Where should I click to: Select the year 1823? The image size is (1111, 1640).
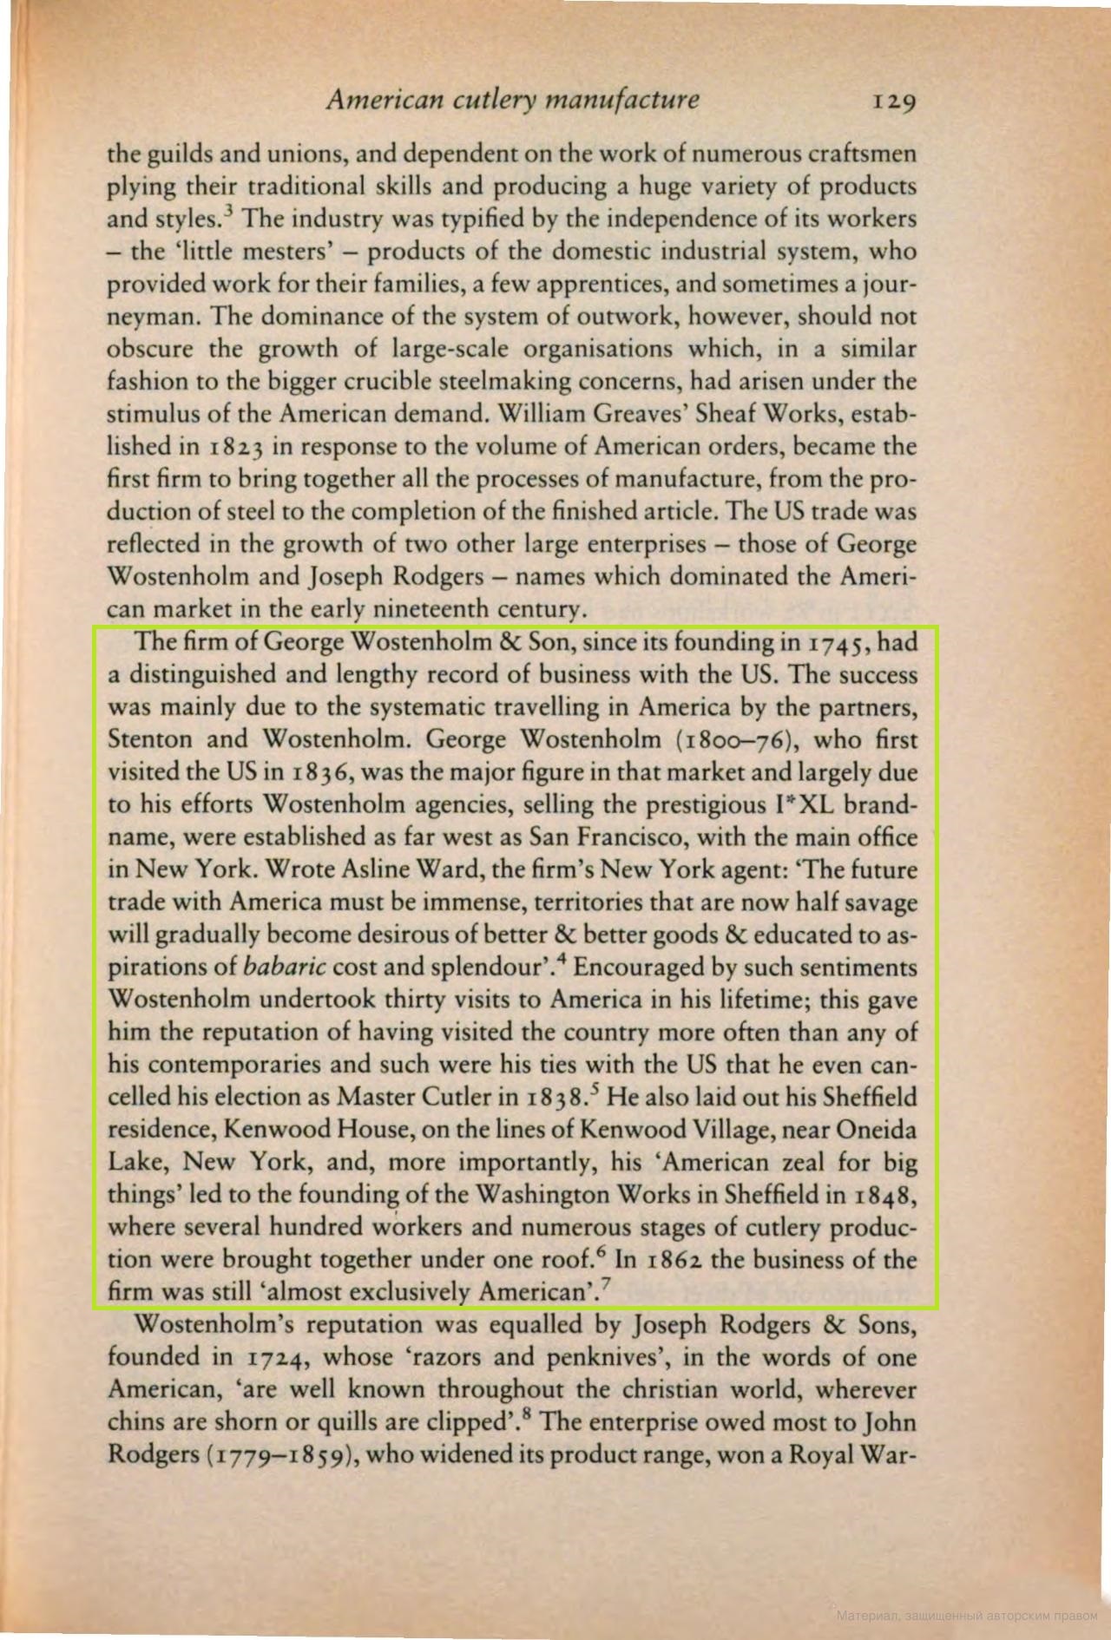pos(235,448)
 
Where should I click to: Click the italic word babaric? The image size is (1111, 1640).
pos(285,968)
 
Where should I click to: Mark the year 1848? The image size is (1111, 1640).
pos(884,1196)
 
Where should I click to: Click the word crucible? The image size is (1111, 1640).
pos(434,382)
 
